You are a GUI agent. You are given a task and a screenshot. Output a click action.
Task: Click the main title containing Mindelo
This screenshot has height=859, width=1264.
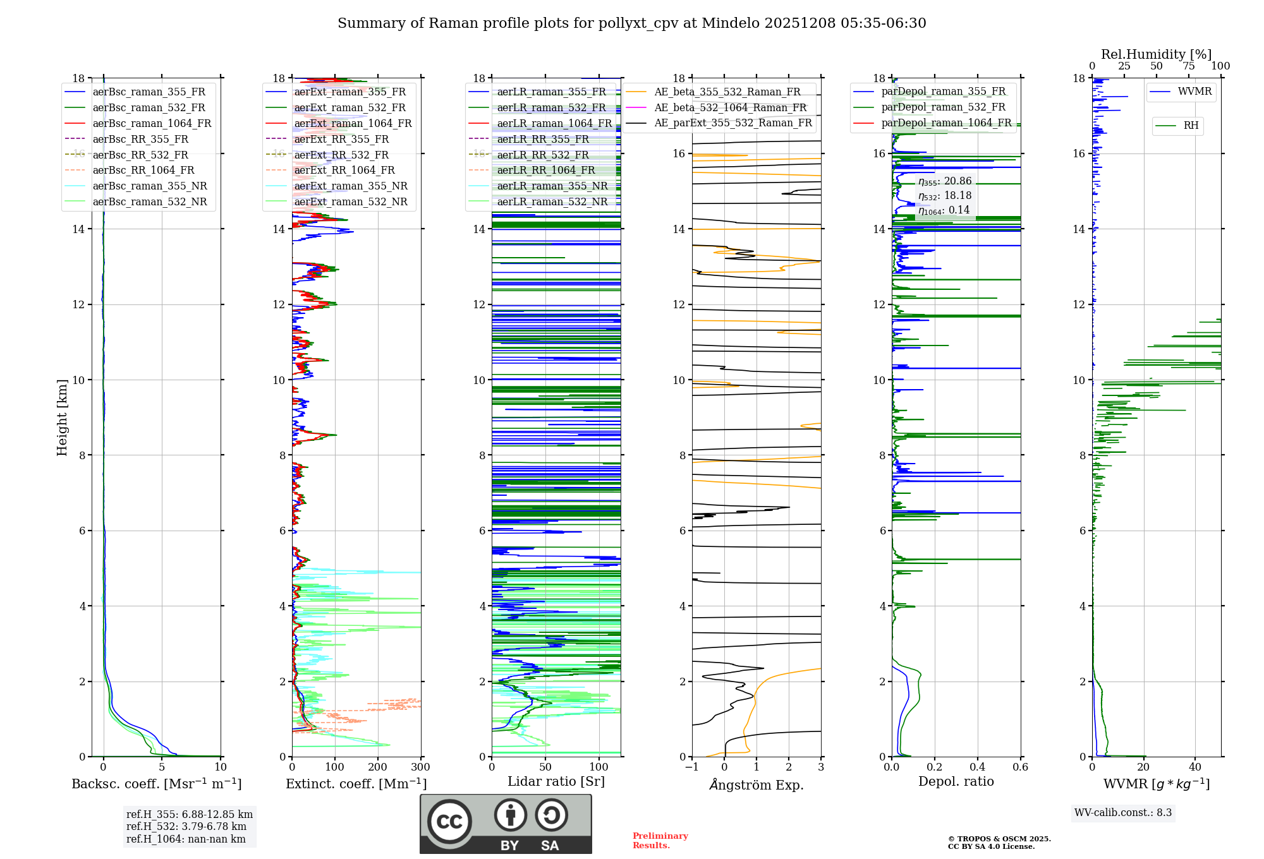(x=631, y=23)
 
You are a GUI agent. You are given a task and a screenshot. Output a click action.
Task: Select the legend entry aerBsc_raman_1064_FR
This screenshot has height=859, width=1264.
(x=152, y=124)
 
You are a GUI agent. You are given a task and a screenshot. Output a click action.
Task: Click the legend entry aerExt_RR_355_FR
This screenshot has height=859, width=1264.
(x=341, y=140)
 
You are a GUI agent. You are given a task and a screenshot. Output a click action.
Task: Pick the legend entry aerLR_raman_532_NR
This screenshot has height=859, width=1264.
(x=552, y=202)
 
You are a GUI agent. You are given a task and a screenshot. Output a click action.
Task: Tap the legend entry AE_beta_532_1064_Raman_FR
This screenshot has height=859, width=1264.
(x=730, y=108)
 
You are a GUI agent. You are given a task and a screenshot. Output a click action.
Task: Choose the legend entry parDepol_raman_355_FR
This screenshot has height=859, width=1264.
(x=943, y=92)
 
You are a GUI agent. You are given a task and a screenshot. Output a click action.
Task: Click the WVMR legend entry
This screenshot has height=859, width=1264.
(x=1194, y=92)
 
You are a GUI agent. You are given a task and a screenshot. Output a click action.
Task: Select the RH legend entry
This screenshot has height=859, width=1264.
(x=1191, y=126)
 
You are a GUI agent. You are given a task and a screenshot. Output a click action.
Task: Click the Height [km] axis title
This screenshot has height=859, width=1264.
(x=62, y=417)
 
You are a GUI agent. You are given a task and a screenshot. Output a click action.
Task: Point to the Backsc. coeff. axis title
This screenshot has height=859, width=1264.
(x=156, y=784)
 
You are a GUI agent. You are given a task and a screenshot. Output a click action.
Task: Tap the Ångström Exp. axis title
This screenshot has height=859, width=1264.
(x=757, y=785)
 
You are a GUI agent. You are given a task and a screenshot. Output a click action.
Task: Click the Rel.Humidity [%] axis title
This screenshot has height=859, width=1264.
(x=1156, y=54)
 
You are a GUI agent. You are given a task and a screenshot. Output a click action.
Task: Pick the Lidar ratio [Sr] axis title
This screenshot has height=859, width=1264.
(x=556, y=782)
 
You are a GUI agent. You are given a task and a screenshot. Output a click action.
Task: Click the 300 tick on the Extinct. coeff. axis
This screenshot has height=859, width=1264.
(x=420, y=767)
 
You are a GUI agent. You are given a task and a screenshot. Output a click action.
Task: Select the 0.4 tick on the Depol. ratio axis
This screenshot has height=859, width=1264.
(x=978, y=767)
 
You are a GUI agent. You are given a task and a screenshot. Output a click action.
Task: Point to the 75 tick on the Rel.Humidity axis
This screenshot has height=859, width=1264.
(x=1188, y=66)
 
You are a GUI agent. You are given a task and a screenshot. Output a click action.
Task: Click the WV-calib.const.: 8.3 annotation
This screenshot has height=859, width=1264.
(x=1122, y=813)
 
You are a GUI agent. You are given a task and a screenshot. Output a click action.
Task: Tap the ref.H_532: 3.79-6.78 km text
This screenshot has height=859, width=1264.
(x=186, y=827)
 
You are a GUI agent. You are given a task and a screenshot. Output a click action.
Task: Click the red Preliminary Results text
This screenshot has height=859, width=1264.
(x=660, y=841)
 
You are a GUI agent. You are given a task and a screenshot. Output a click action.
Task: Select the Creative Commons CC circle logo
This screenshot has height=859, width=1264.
(x=449, y=822)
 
